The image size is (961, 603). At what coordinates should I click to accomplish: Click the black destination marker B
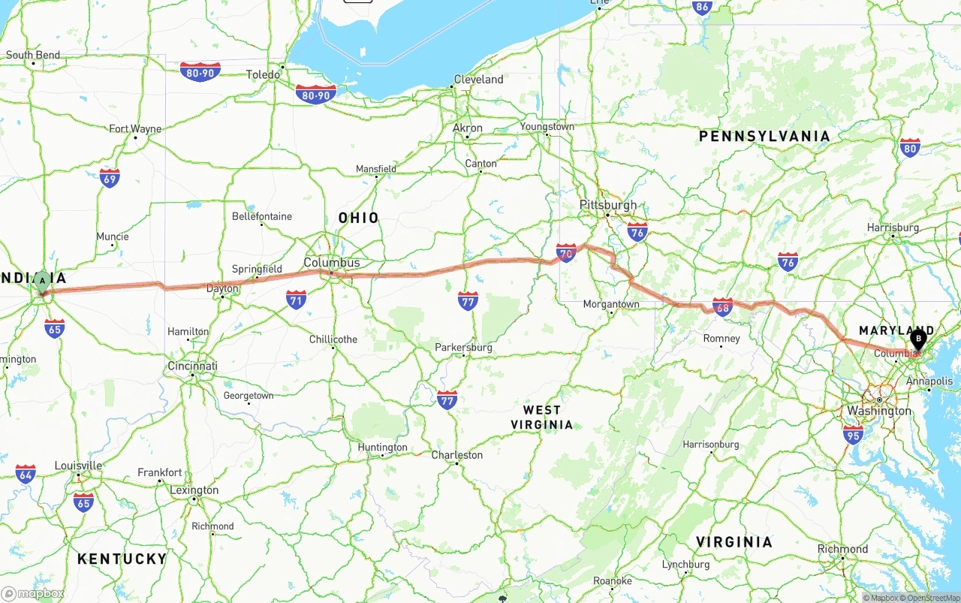tap(917, 340)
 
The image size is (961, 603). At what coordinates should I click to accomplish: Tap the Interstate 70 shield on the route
tap(566, 253)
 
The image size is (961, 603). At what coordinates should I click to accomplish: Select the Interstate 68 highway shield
tap(722, 306)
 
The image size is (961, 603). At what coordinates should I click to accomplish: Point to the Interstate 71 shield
tap(297, 300)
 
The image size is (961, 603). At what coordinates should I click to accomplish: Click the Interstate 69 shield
tap(110, 178)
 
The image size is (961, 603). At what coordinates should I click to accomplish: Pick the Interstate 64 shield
tap(26, 474)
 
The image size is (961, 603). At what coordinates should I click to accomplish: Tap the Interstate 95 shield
tap(853, 434)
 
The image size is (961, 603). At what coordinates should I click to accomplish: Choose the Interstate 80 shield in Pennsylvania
tap(910, 147)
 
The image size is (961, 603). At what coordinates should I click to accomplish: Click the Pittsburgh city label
tap(607, 205)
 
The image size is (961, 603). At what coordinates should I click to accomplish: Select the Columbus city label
tap(331, 263)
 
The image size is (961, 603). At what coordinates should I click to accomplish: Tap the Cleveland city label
tap(479, 80)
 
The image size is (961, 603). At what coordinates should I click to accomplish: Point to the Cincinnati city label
tap(192, 366)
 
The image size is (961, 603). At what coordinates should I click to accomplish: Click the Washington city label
tap(878, 411)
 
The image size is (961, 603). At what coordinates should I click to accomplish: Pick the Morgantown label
tap(611, 304)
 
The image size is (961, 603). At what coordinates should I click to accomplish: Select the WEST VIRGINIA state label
tap(541, 417)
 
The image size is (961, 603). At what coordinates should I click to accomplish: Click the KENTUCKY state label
tap(122, 559)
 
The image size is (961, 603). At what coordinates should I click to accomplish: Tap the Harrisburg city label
tap(893, 228)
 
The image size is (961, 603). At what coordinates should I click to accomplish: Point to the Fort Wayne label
tap(135, 129)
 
